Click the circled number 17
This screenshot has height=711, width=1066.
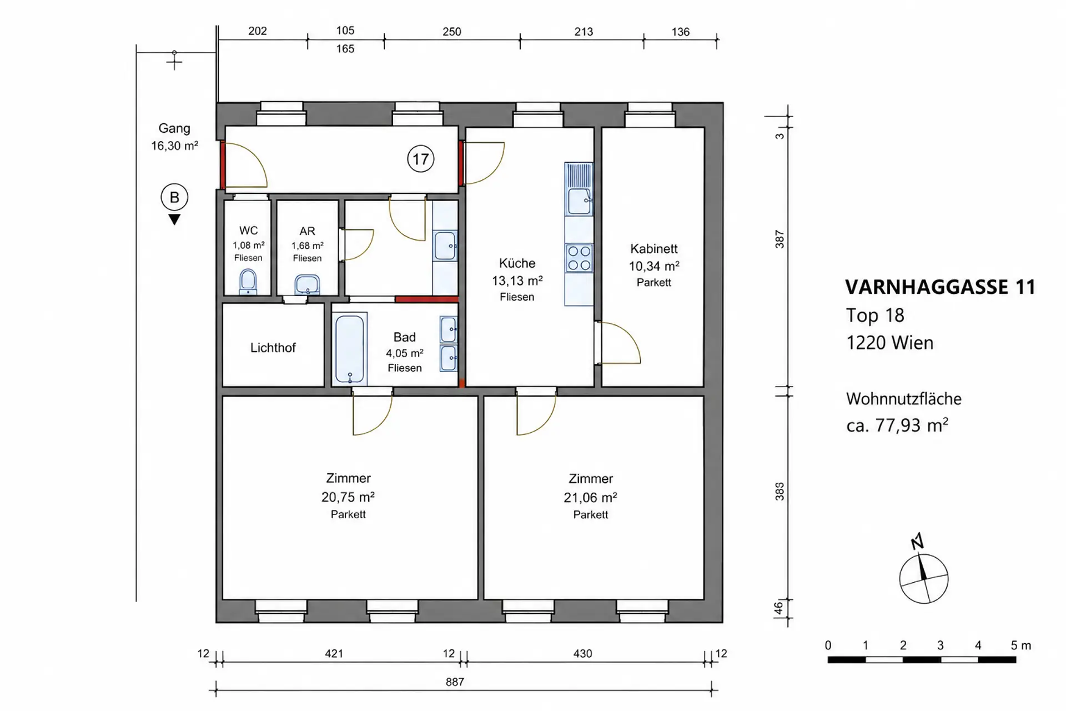tap(420, 159)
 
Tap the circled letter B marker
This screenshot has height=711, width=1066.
tap(174, 197)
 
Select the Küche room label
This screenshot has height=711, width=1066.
tap(517, 263)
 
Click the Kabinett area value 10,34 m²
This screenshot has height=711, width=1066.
tap(654, 266)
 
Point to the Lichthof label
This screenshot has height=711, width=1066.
tap(273, 348)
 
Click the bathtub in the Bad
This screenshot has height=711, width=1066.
tap(350, 348)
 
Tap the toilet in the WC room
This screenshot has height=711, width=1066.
tap(248, 282)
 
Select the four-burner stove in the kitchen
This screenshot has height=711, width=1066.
tap(579, 258)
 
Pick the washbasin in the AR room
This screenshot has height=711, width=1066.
tap(307, 284)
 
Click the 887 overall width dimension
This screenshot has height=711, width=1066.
tap(455, 682)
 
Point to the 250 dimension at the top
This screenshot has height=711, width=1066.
tap(452, 32)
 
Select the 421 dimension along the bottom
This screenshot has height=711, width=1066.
tap(334, 654)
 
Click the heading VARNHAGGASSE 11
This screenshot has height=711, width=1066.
tap(940, 287)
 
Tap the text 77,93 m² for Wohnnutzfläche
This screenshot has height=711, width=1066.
tap(912, 425)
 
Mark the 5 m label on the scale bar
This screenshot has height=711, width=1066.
tap(1020, 645)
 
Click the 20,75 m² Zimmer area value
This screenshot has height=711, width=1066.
tap(348, 497)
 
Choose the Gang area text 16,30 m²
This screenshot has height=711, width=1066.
tap(174, 146)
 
